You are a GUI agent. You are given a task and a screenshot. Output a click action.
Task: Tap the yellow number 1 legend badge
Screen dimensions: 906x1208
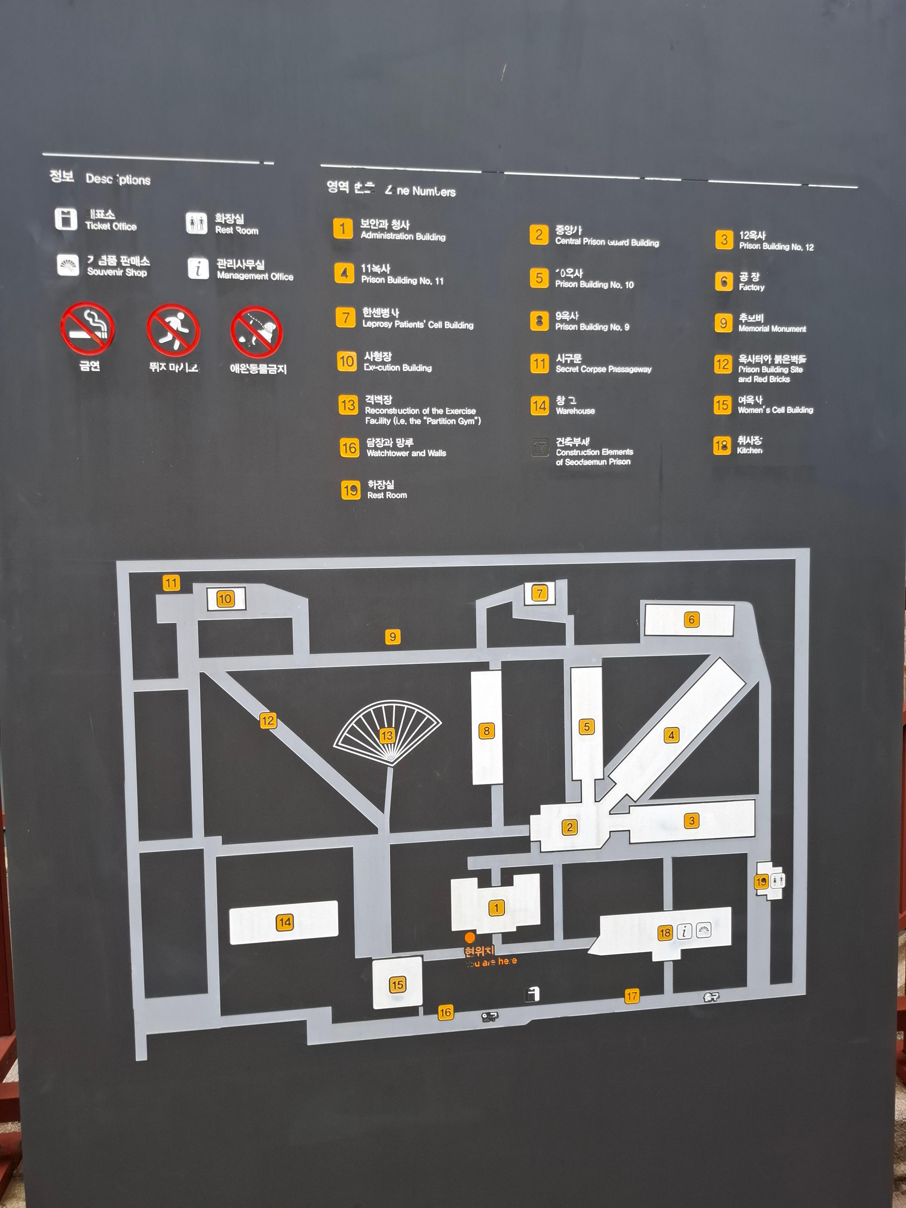[x=343, y=228]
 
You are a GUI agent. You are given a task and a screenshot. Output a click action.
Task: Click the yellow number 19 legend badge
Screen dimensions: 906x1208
[x=350, y=490]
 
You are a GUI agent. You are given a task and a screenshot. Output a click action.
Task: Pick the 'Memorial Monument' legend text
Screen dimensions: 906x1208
[x=772, y=329]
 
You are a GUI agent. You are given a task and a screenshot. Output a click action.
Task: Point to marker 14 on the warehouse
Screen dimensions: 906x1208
[x=285, y=922]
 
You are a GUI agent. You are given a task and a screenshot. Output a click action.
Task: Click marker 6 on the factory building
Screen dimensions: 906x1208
[x=691, y=619]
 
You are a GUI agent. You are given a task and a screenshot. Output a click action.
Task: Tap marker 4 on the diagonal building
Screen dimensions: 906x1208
[x=671, y=735]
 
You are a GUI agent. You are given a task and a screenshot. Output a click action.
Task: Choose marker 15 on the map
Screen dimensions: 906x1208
[x=397, y=985]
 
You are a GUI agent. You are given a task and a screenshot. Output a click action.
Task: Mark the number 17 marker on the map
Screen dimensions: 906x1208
[x=632, y=996]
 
